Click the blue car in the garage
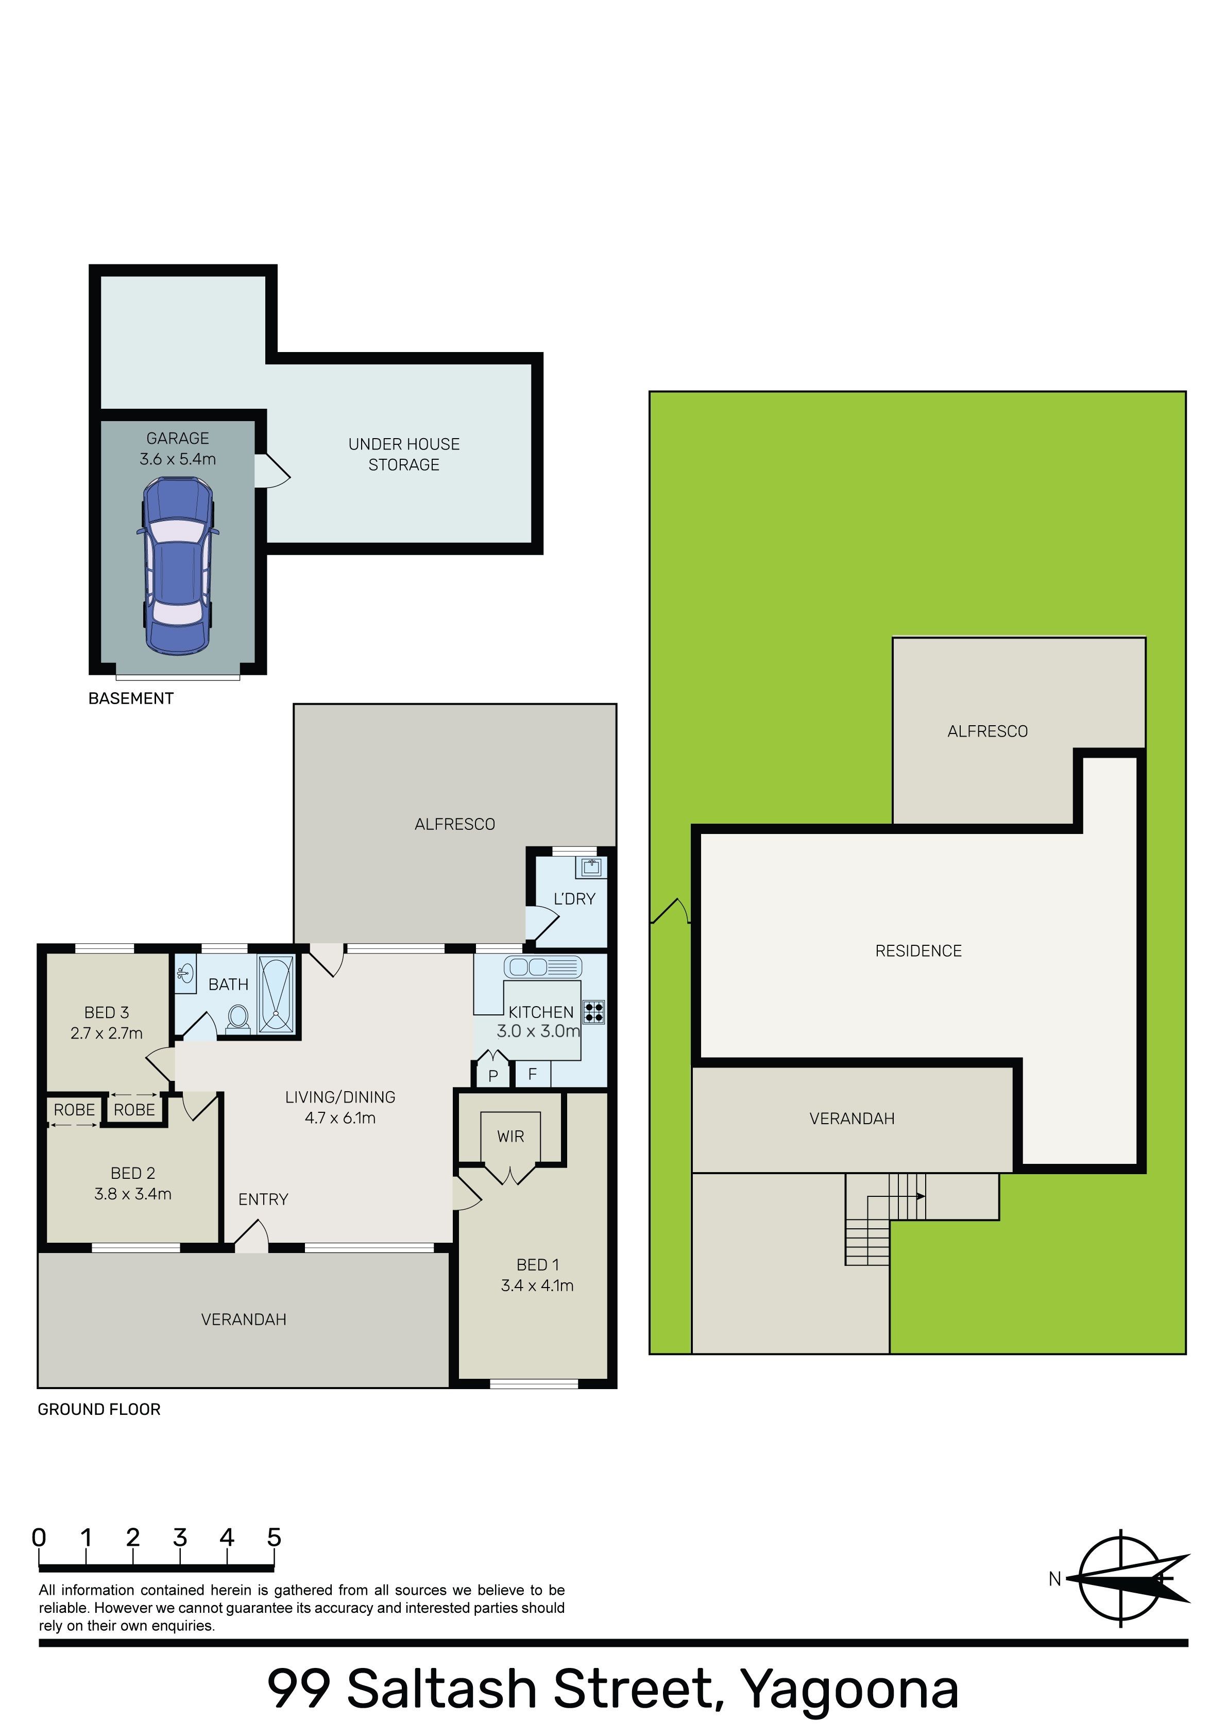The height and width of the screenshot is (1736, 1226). (178, 565)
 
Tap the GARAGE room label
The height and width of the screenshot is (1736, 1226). (178, 439)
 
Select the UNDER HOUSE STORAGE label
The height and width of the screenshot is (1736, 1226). (404, 455)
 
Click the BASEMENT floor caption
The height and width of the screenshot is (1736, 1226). (131, 698)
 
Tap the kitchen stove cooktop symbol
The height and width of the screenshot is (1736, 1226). (593, 1012)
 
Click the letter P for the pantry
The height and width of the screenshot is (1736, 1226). (493, 1075)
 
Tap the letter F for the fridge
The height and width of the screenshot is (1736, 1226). (532, 1074)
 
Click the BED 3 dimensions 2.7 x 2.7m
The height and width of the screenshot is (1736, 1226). (107, 1033)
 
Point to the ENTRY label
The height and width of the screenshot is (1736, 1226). (263, 1199)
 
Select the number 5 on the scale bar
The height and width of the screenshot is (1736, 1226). (274, 1537)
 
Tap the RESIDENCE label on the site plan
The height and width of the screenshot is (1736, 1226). (918, 950)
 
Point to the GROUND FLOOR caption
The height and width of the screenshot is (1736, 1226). (99, 1409)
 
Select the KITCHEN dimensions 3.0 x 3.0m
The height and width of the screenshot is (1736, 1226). (538, 1030)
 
